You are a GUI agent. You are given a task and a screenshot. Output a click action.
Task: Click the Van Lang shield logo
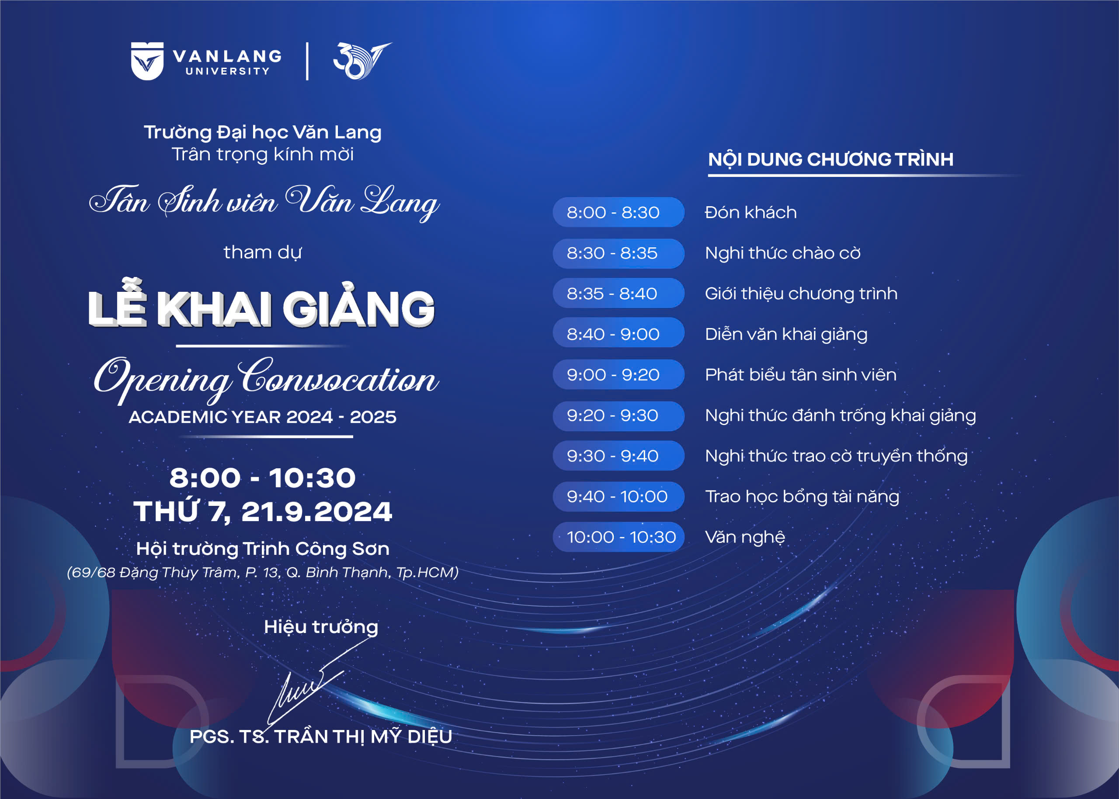[x=147, y=61]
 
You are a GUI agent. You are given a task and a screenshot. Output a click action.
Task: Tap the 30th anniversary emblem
[x=362, y=61]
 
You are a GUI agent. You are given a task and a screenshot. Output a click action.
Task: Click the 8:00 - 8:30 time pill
[x=619, y=212]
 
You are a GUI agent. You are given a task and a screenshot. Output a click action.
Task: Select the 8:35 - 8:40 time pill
[x=619, y=293]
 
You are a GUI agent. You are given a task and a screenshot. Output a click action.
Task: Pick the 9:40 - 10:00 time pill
[x=619, y=496]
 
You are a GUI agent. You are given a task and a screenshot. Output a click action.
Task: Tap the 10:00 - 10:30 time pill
[x=619, y=537]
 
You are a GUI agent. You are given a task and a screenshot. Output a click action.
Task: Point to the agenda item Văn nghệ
[x=745, y=537]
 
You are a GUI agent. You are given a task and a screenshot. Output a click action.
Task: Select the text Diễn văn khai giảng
[x=786, y=335]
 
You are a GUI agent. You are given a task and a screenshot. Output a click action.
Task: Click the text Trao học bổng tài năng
[x=802, y=497]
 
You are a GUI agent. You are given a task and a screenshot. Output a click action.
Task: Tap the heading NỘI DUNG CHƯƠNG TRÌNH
[x=831, y=159]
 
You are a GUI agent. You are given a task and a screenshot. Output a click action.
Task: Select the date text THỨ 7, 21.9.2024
[x=263, y=512]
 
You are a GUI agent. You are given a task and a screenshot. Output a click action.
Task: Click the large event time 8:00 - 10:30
[x=262, y=478]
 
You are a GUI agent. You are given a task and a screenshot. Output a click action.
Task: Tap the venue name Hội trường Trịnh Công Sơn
[x=263, y=549]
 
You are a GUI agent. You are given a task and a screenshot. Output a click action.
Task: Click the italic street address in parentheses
[x=263, y=572]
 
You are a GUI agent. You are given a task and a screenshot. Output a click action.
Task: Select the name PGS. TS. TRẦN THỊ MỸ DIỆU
[x=321, y=737]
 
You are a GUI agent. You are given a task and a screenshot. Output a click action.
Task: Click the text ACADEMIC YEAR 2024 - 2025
[x=262, y=417]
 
